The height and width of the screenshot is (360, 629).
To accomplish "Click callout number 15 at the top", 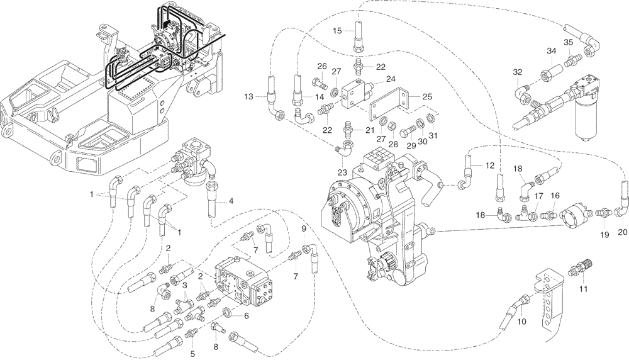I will click(337, 30).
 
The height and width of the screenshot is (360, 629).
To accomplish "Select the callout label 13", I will click(250, 96).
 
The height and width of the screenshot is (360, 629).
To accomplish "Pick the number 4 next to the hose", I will click(231, 201).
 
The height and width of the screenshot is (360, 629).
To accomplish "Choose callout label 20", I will click(623, 231).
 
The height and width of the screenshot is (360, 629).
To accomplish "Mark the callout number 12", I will click(491, 165).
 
